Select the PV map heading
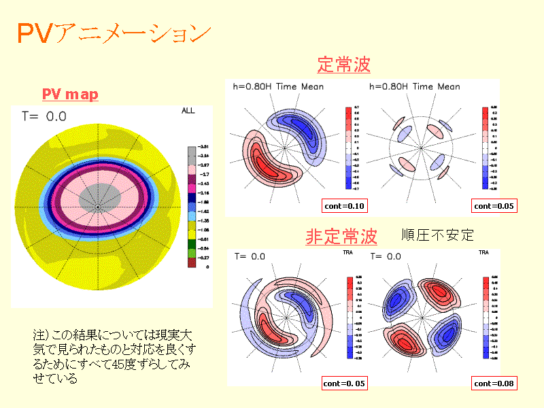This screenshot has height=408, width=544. coord(70,94)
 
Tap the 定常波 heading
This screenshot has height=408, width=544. coord(343,65)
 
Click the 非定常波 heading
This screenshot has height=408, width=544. coord(341,237)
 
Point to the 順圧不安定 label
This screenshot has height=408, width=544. coord(437,235)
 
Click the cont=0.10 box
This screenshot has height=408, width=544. coord(343,205)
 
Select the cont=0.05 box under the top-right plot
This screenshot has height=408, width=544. coord(495,205)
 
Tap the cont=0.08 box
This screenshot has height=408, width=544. coord(494,384)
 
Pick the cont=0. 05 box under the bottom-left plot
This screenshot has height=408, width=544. coord(343,384)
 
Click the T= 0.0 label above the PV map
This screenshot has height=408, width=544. coord(41,117)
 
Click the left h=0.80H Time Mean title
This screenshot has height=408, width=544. coord(278,86)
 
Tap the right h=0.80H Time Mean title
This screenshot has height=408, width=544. coord(414,86)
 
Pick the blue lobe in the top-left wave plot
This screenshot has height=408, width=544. coord(299,129)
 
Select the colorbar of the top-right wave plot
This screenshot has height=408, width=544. coord(485,147)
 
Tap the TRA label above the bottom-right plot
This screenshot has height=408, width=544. coord(483,252)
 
